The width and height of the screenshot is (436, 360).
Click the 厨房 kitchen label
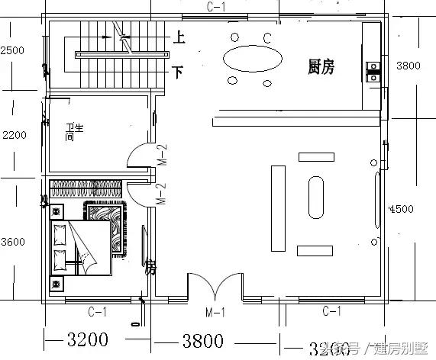pos(321,67)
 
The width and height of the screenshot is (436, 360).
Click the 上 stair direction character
pos(178,36)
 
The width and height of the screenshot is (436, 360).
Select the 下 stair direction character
pos(178,72)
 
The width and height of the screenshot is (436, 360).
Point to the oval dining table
pos(250,59)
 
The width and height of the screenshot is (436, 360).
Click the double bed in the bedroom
pos(81,248)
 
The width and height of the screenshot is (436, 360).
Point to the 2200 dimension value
pos(14,135)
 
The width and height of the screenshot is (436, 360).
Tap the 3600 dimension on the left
pos(14,242)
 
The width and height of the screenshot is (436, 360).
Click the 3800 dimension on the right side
pos(409,66)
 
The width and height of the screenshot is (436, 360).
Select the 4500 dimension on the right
pos(402,210)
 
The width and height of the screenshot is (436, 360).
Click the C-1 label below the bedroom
pos(97,311)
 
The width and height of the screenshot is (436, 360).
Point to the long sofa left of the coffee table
pos(276,207)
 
